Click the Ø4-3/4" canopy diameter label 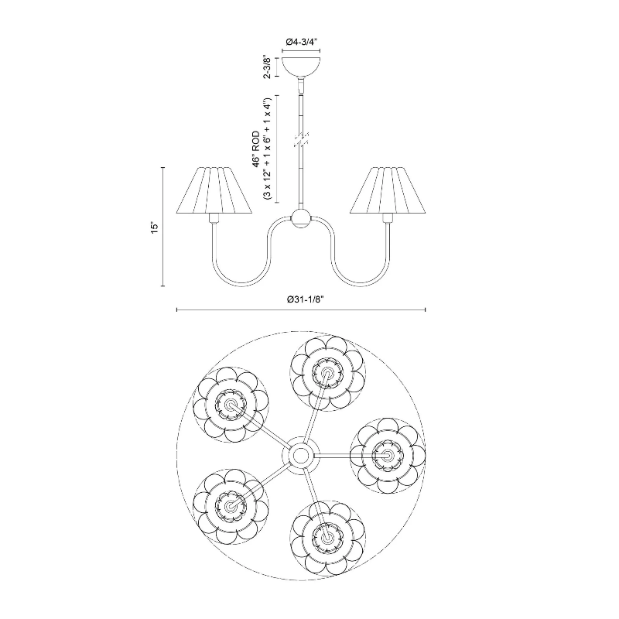pyautogui.click(x=301, y=42)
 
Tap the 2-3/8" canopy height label pyautogui.click(x=268, y=67)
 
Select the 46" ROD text pyautogui.click(x=257, y=149)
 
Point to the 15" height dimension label pyautogui.click(x=155, y=227)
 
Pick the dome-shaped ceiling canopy pyautogui.click(x=300, y=67)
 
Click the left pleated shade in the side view pyautogui.click(x=214, y=190)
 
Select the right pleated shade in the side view pyautogui.click(x=388, y=190)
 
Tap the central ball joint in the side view pyautogui.click(x=301, y=218)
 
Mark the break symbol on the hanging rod pyautogui.click(x=301, y=140)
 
